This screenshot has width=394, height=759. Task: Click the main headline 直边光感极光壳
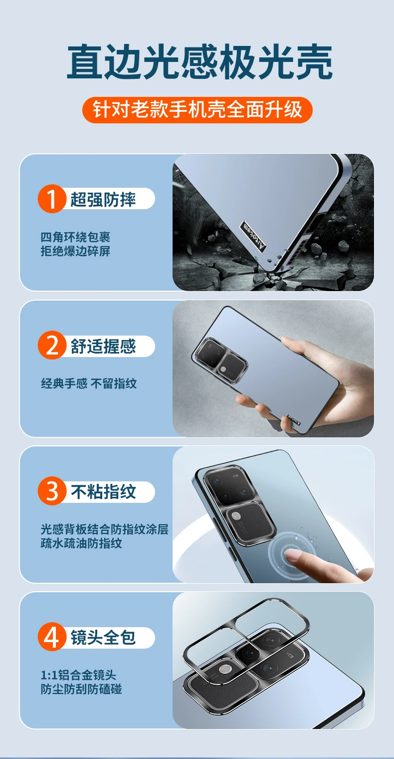pos(199,62)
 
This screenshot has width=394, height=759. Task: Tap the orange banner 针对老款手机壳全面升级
pos(197,110)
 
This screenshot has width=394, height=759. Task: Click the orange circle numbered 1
pos(51,199)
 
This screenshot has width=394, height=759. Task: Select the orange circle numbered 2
pos(51,345)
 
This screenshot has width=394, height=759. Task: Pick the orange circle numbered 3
pos(51,491)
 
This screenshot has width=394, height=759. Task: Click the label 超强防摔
pos(103,199)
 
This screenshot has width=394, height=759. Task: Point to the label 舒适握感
pos(103,346)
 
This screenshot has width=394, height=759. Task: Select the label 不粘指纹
pos(103,492)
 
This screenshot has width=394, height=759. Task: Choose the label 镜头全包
pos(103,637)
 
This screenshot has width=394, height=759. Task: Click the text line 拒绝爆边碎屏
pos(75,251)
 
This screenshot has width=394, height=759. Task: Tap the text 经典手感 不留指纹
pos(89,383)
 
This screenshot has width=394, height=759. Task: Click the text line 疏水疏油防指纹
pos(81,543)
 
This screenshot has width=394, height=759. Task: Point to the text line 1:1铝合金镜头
pos(78,675)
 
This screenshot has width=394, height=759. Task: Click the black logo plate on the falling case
pos(253,237)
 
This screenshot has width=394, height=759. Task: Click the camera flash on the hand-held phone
pos(223,369)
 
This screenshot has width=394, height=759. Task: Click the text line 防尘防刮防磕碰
pos(81,689)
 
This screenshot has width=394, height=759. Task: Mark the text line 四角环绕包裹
pos(75,237)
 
